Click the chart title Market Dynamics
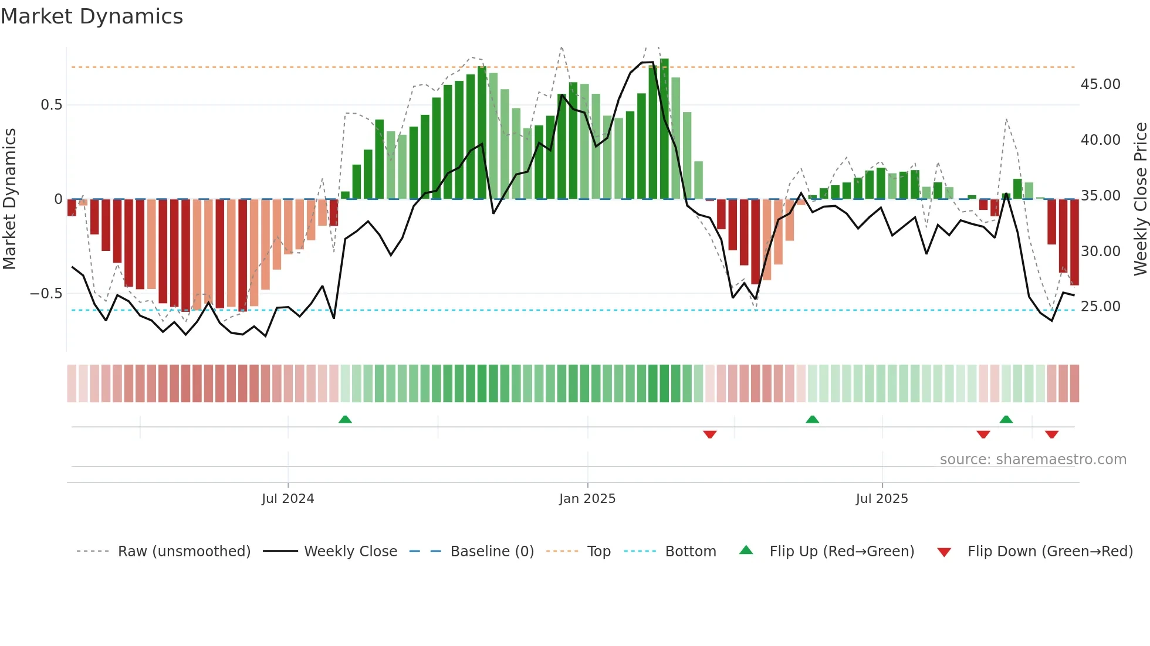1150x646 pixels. (x=92, y=16)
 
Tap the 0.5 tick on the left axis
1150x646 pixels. (x=51, y=105)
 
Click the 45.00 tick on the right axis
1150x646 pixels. (x=1100, y=84)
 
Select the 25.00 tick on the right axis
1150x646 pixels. (x=1100, y=307)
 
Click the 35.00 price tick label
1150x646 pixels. (x=1100, y=196)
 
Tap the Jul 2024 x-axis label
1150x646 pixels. (x=287, y=499)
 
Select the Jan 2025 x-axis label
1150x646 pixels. (x=587, y=499)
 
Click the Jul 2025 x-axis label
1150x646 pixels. (x=881, y=499)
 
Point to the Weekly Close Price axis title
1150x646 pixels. (x=1140, y=199)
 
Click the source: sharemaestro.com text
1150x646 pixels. (x=1033, y=460)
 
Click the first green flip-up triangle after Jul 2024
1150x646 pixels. (x=345, y=420)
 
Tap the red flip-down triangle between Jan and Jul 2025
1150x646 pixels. (x=710, y=434)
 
